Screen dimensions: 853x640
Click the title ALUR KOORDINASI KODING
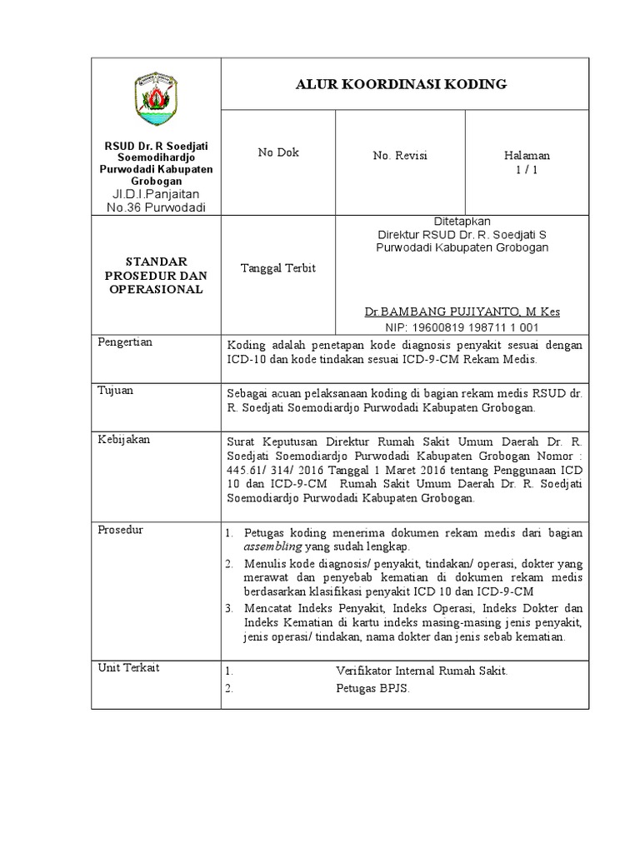click(x=402, y=84)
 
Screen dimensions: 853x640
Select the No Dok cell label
click(x=277, y=152)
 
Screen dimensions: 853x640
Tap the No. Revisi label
click(x=399, y=157)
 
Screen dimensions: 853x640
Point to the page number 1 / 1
click(x=526, y=170)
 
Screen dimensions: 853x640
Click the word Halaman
click(x=527, y=156)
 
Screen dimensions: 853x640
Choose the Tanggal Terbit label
click(x=277, y=268)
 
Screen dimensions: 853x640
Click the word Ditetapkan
click(x=462, y=221)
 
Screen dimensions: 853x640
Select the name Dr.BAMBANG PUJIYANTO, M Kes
click(x=462, y=312)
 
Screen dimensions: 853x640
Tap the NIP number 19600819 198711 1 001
click(x=462, y=327)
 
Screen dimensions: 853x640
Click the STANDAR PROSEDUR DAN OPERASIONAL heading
click(x=156, y=275)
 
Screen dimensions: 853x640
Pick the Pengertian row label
click(x=126, y=342)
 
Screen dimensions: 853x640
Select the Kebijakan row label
click(x=124, y=439)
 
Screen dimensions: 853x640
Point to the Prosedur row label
click(x=122, y=530)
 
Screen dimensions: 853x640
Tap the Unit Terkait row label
click(x=129, y=667)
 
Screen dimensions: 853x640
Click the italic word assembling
click(x=273, y=546)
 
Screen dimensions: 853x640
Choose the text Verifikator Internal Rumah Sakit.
click(x=421, y=671)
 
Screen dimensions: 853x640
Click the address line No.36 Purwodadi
click(x=156, y=207)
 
